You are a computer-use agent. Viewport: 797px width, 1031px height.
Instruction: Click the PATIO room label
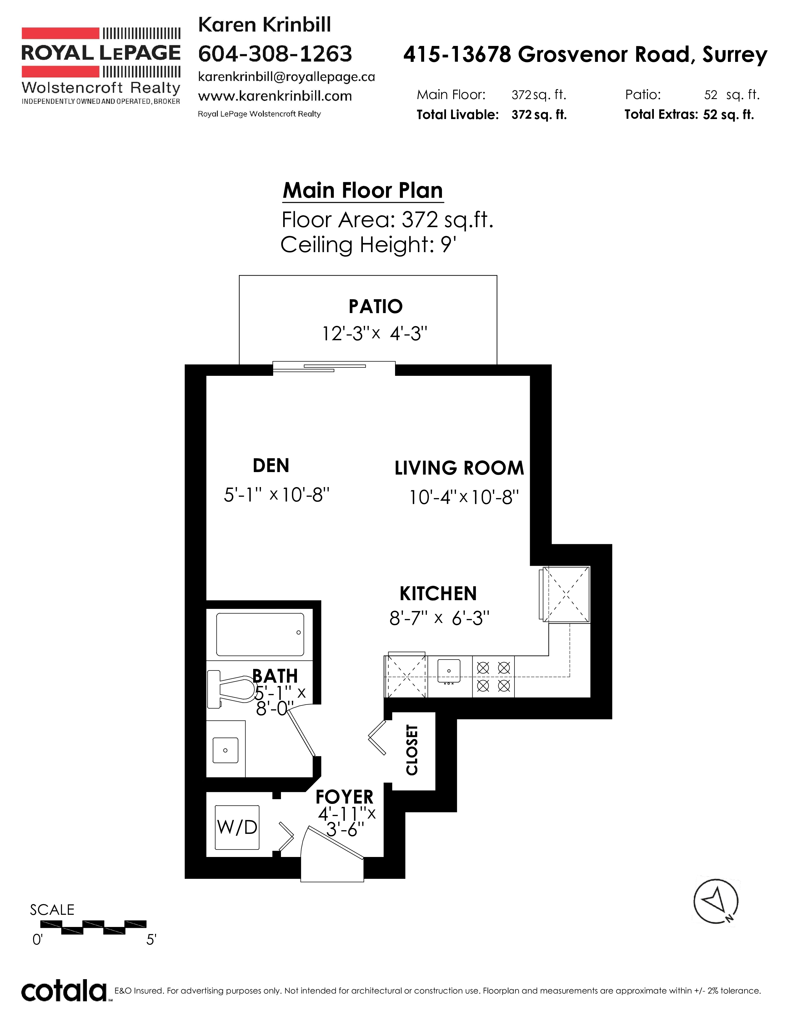click(x=375, y=306)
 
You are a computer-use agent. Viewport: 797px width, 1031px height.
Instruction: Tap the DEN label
click(x=271, y=466)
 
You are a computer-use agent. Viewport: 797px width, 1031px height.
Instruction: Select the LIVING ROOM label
click(x=459, y=468)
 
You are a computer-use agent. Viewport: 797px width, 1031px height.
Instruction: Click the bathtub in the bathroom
click(x=260, y=634)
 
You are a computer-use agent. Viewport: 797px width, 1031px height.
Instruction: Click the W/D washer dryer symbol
click(x=237, y=827)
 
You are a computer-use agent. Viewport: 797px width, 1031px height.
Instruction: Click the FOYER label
click(x=344, y=797)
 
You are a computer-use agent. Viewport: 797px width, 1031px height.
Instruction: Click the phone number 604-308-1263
click(x=275, y=54)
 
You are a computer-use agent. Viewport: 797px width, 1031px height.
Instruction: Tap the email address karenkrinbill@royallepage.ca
click(x=286, y=77)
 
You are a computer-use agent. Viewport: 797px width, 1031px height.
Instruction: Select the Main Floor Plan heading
click(x=363, y=191)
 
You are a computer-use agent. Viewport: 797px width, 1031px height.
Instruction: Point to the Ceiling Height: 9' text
click(x=368, y=245)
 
